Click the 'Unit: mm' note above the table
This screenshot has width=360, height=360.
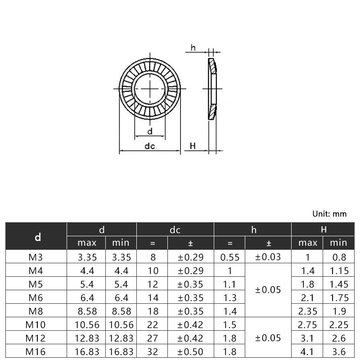point(329,214)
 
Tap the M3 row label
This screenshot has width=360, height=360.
point(36,257)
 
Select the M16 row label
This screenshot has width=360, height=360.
point(36,351)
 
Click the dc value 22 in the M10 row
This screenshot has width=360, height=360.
point(153,324)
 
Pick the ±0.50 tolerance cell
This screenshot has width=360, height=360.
point(190,351)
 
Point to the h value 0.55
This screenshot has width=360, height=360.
point(230,257)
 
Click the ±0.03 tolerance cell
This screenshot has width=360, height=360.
point(268,257)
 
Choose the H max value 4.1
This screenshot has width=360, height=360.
point(307,351)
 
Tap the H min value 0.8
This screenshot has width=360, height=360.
point(339,257)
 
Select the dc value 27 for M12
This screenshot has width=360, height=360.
point(153,338)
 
